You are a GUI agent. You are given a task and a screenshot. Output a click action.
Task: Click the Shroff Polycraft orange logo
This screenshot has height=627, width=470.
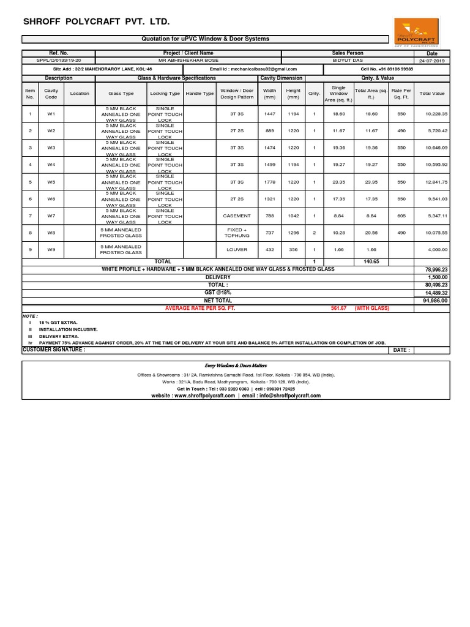click(416, 31)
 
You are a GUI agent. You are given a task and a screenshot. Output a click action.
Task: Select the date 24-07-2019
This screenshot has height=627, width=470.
click(432, 61)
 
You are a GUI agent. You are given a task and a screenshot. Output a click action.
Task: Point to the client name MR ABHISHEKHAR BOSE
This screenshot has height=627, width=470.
click(188, 61)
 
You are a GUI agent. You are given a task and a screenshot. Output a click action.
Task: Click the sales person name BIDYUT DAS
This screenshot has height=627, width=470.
click(347, 61)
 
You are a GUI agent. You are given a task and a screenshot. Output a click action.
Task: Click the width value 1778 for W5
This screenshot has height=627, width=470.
click(269, 182)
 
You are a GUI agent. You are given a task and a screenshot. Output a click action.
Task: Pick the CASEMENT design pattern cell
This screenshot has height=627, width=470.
click(237, 216)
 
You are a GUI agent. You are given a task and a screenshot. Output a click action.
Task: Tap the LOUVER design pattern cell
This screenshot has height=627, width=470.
click(237, 250)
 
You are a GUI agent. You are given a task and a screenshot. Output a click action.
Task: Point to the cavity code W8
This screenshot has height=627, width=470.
click(51, 233)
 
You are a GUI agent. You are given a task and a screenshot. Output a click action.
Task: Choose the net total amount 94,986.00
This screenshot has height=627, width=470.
click(435, 301)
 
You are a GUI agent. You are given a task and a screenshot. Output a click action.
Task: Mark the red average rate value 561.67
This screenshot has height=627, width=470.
click(338, 309)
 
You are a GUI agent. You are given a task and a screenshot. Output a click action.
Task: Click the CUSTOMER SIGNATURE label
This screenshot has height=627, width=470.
click(54, 350)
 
